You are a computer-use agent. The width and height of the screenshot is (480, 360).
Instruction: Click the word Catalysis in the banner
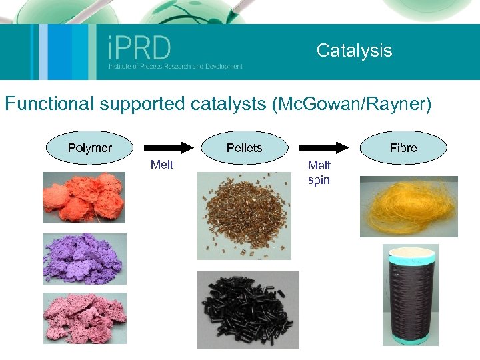pyautogui.click(x=354, y=51)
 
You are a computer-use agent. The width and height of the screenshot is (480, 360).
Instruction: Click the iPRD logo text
pyautogui.click(x=139, y=49)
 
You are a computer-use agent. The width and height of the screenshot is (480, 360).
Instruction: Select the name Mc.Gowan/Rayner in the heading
pyautogui.click(x=353, y=104)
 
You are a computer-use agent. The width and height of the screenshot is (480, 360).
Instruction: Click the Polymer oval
pyautogui.click(x=90, y=147)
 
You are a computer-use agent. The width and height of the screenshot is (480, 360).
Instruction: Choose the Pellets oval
pyautogui.click(x=244, y=147)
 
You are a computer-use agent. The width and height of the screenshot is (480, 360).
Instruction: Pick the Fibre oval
pyautogui.click(x=403, y=147)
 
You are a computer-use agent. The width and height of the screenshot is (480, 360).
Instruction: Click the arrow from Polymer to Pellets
pyautogui.click(x=169, y=147)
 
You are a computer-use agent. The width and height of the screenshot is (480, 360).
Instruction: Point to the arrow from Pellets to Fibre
pyautogui.click(x=324, y=147)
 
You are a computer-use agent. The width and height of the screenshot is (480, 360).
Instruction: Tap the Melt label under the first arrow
pyautogui.click(x=162, y=165)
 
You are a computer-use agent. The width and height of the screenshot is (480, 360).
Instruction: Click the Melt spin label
pyautogui.click(x=319, y=173)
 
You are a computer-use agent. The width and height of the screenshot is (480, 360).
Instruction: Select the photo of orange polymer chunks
pyautogui.click(x=84, y=198)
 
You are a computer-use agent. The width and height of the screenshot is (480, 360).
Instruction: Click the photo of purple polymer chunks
pyautogui.click(x=85, y=259)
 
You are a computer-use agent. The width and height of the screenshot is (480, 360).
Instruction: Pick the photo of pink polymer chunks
pyautogui.click(x=84, y=318)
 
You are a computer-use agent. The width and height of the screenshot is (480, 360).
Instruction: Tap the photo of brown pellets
pyautogui.click(x=244, y=215)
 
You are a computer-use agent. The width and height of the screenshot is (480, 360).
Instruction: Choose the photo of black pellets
pyautogui.click(x=248, y=309)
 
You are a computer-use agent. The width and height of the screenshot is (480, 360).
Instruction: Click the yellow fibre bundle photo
pyautogui.click(x=409, y=206)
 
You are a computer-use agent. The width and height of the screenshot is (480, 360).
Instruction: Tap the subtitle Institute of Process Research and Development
pyautogui.click(x=176, y=67)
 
